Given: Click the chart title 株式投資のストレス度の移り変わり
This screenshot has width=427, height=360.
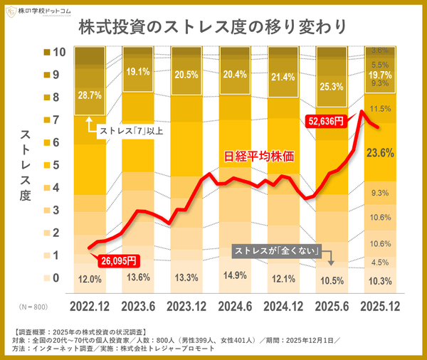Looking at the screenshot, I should (x=213, y=27).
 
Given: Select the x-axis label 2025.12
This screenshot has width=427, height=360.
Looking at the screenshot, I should (x=379, y=307).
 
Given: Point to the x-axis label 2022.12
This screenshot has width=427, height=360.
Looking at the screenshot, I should (x=89, y=307).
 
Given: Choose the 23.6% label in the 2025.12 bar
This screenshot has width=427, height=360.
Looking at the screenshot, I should (x=380, y=152).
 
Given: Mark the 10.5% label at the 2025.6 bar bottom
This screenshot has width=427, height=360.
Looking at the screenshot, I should (x=331, y=280).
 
